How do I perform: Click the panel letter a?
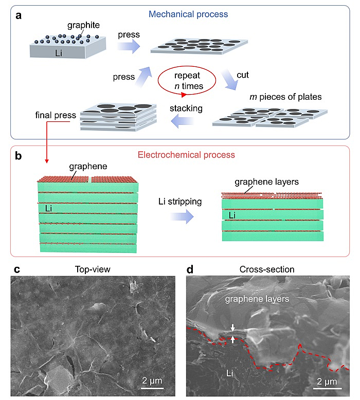coord(19,15)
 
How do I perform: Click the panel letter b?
coord(19,154)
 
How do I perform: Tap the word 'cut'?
coord(242,75)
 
